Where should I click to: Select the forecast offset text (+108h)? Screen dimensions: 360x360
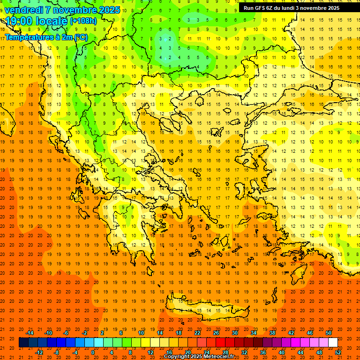(83, 21)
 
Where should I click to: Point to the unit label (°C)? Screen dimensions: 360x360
(81, 37)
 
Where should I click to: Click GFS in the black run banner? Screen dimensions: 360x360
(262, 8)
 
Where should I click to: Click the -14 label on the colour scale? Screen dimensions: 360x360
(30, 333)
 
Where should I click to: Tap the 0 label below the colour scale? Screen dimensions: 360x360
(93, 352)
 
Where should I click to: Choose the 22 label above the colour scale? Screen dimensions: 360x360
(197, 333)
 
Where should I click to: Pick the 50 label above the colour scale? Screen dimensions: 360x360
(329, 333)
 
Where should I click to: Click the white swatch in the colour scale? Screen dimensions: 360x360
(333, 343)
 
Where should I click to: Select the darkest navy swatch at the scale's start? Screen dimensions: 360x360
(23, 343)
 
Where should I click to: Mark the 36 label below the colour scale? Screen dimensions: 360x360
(262, 352)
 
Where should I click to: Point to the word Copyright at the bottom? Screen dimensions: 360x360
(178, 357)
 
